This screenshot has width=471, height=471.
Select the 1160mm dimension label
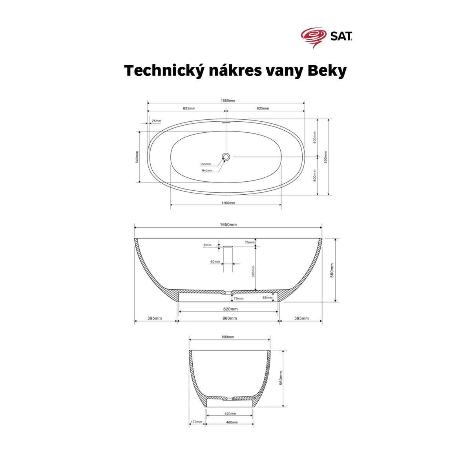[x=228, y=203]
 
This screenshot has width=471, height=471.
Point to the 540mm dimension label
[x=137, y=157]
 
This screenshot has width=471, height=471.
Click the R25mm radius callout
[x=205, y=164]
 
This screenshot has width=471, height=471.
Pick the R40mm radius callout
[x=207, y=171]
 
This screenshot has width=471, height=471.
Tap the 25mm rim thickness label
[x=156, y=121]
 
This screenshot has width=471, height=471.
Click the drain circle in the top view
[x=226, y=157]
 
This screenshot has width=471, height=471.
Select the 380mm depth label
[x=254, y=271]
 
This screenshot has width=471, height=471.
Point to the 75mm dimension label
[x=250, y=243]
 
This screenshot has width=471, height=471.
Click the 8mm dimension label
[x=207, y=245]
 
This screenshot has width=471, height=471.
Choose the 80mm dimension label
[x=215, y=261]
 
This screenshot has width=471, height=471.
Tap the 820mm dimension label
[x=230, y=309]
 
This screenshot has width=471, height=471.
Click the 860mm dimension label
[x=230, y=318]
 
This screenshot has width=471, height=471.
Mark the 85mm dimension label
[x=267, y=298]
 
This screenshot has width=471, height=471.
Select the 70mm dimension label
[x=239, y=299]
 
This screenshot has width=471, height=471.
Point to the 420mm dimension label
[x=230, y=414]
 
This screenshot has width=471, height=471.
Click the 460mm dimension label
[x=232, y=422]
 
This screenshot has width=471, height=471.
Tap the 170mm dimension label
[x=196, y=422]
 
